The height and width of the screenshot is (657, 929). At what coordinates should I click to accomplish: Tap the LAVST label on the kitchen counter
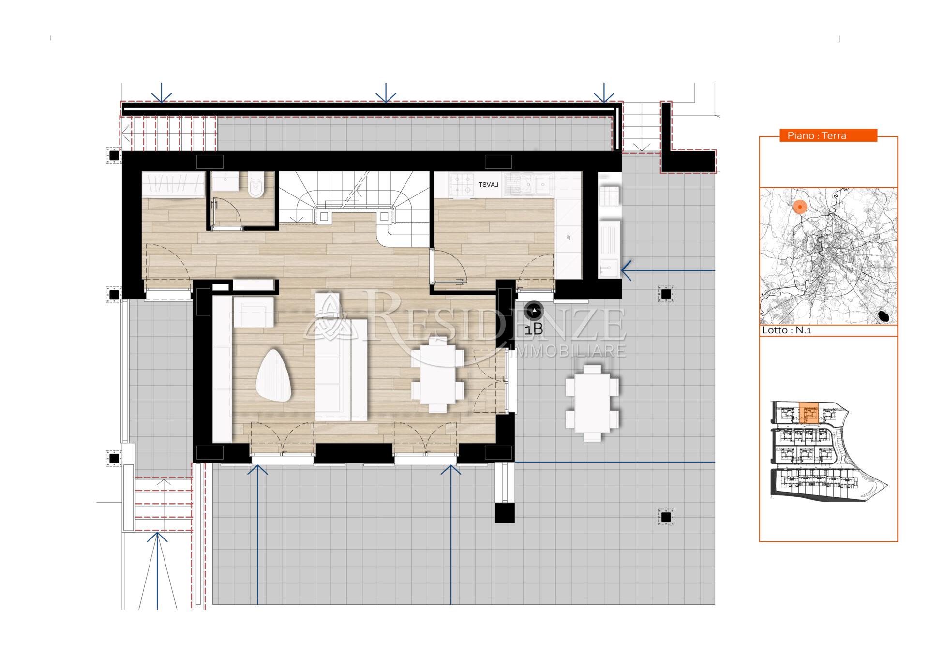pyautogui.click(x=488, y=185)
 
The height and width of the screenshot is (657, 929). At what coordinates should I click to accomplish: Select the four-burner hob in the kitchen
pyautogui.click(x=461, y=185)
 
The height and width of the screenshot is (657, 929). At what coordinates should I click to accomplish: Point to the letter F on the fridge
pyautogui.click(x=569, y=238)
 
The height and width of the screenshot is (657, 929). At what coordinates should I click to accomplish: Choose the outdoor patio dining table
pyautogui.click(x=592, y=403)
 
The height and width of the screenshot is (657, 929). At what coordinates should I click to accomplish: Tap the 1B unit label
pyautogui.click(x=534, y=329)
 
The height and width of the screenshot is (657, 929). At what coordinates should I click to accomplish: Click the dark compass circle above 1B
pyautogui.click(x=534, y=311)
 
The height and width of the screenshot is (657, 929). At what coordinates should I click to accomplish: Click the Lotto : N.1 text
pyautogui.click(x=786, y=330)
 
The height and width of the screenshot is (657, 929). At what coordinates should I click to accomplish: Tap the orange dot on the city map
pyautogui.click(x=800, y=207)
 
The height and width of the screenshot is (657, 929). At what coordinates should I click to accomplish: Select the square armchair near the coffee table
pyautogui.click(x=254, y=312)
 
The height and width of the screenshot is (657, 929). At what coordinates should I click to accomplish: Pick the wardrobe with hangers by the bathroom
pyautogui.click(x=173, y=184)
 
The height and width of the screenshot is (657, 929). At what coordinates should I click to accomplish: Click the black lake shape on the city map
pyautogui.click(x=884, y=316)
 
